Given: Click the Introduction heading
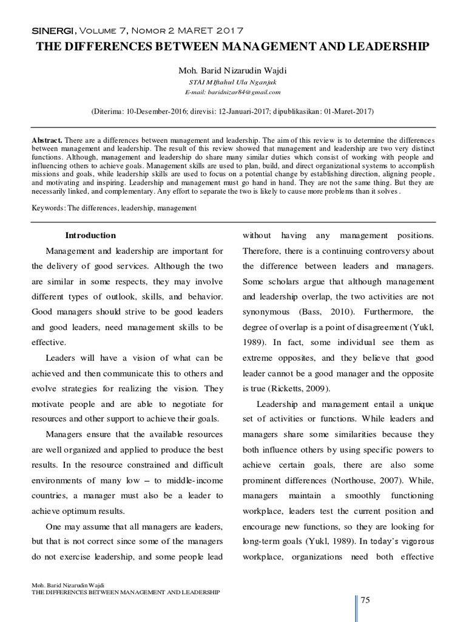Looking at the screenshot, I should point(90,236).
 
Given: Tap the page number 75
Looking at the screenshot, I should point(365,601).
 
